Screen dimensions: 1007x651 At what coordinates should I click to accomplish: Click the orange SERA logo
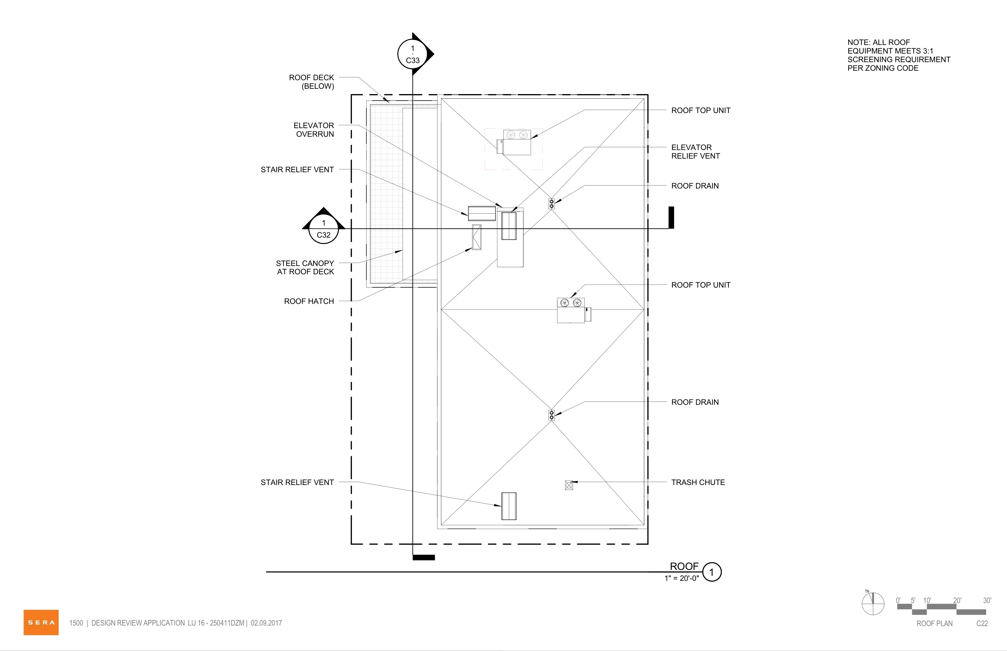click(x=41, y=622)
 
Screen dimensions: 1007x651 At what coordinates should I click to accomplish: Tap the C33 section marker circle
click(x=413, y=54)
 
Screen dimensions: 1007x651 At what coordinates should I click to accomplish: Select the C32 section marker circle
click(x=324, y=229)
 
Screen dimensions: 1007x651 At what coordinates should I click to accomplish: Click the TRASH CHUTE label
click(x=698, y=482)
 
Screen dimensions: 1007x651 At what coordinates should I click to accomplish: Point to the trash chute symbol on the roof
click(x=569, y=485)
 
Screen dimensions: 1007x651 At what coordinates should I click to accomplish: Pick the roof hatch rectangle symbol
click(x=477, y=237)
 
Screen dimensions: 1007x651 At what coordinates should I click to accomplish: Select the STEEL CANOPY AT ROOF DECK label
click(x=305, y=268)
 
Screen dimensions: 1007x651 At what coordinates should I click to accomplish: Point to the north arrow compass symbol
click(x=873, y=604)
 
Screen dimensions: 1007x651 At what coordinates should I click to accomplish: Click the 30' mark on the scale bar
click(x=987, y=601)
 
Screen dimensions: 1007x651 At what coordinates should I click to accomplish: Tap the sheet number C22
click(x=982, y=623)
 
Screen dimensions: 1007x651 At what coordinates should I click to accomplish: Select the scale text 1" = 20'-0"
click(x=682, y=578)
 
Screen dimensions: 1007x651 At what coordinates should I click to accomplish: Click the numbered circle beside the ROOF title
click(x=712, y=572)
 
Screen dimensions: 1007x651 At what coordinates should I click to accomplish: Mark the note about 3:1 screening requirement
click(x=899, y=55)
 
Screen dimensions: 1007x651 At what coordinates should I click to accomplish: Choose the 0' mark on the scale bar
click(x=898, y=601)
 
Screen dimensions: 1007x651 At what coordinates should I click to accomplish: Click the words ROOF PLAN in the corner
click(x=935, y=623)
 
